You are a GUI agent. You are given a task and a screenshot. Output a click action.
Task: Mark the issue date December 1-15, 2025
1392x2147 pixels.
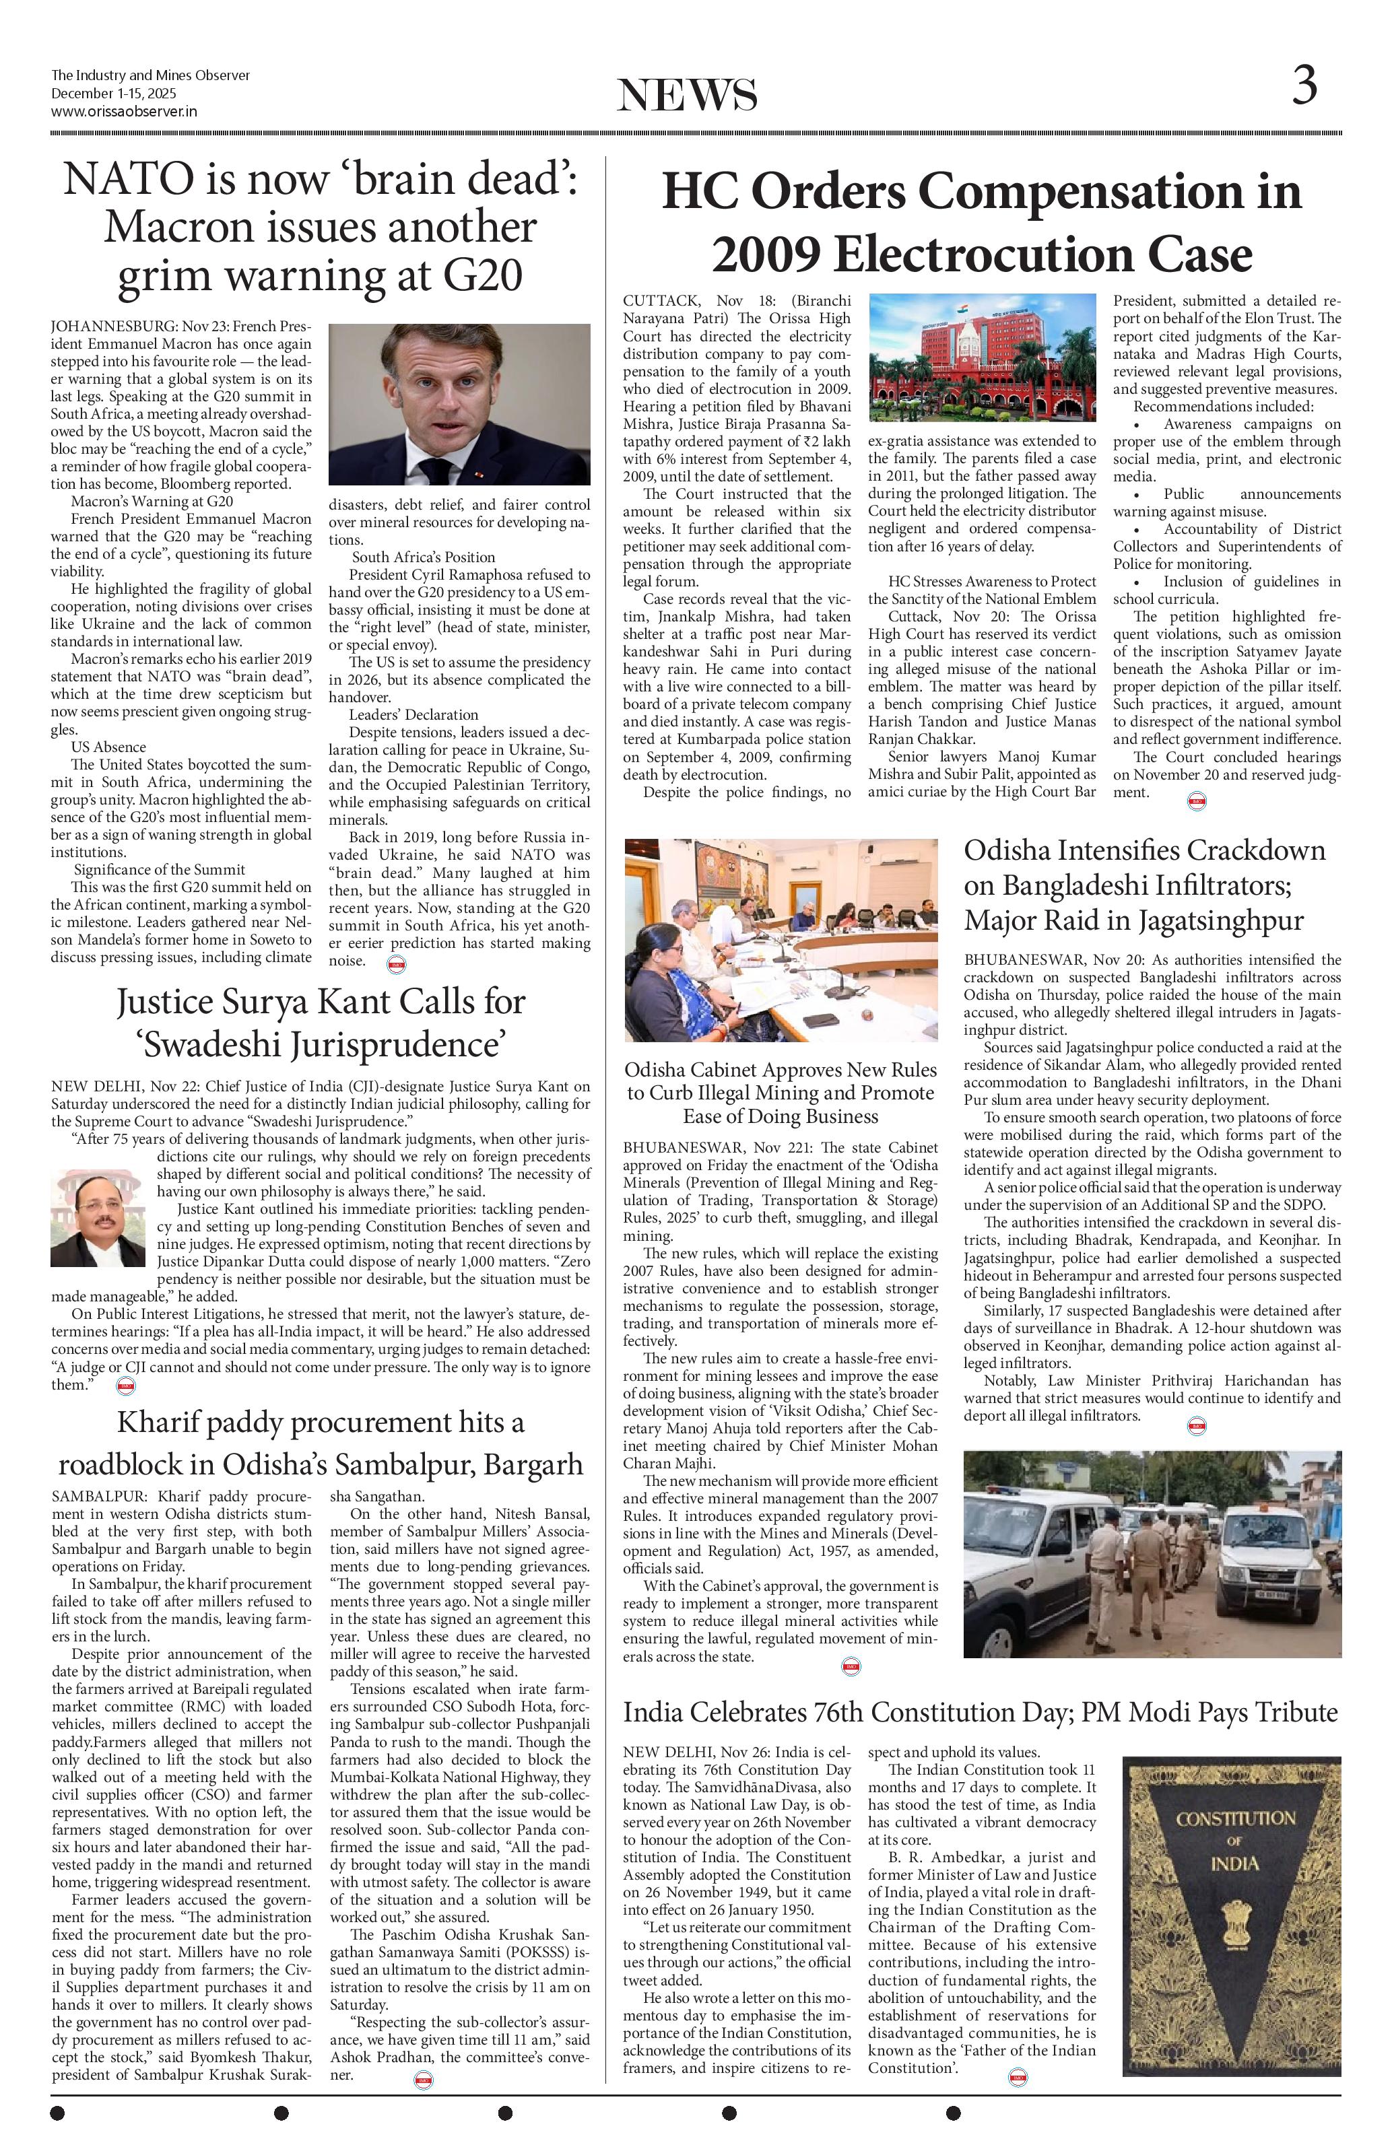(x=114, y=94)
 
